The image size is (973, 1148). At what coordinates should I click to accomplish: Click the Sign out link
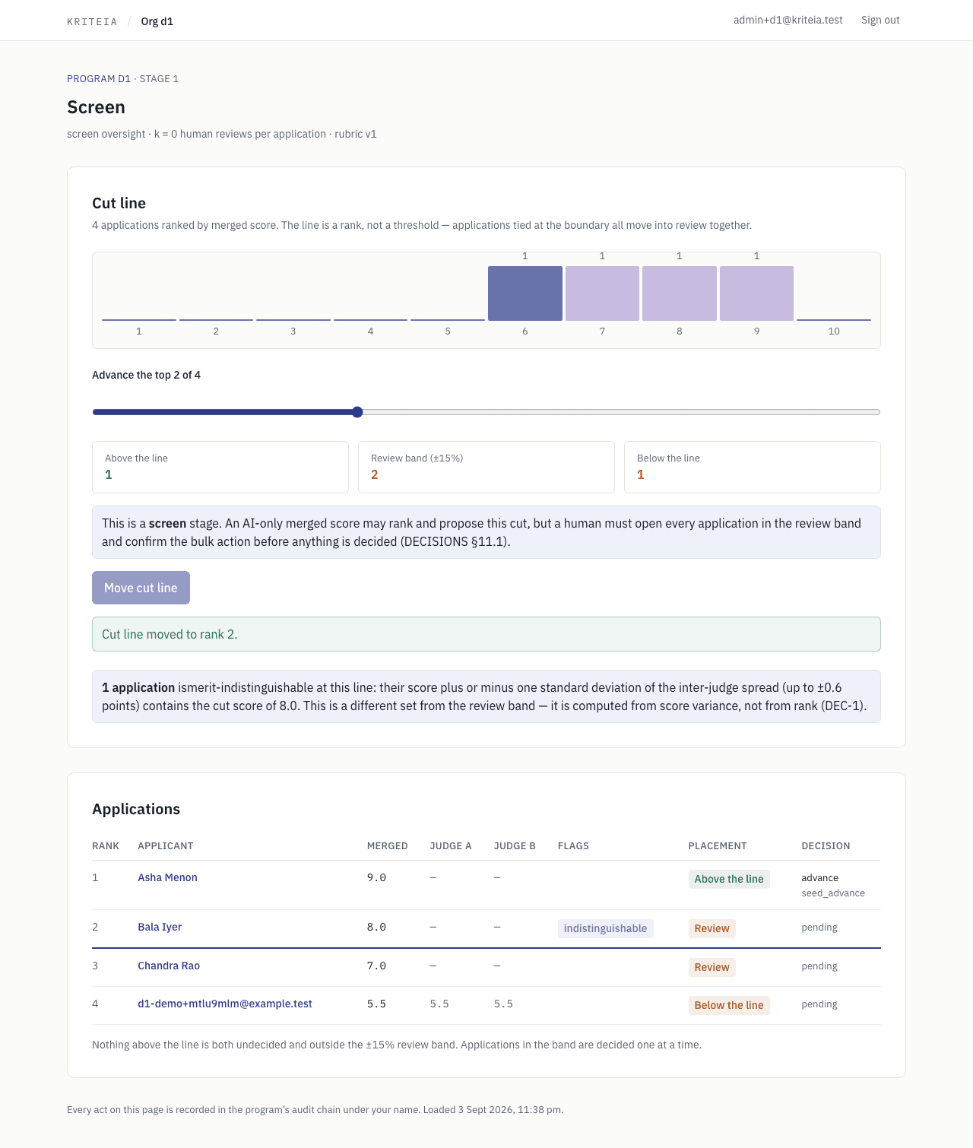coord(880,20)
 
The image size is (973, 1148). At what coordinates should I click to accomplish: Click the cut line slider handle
coord(358,411)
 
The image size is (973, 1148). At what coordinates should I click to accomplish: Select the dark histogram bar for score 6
coord(525,293)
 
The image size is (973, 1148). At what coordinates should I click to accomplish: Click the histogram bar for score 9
coord(756,293)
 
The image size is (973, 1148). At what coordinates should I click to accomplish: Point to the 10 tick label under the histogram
coord(834,331)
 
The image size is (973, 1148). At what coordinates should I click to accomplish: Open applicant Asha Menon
coord(167,877)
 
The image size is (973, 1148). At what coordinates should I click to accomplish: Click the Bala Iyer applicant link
coord(160,927)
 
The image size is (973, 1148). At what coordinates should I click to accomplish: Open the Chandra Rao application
coord(168,966)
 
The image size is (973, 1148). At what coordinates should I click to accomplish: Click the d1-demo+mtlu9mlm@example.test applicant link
coord(224,1004)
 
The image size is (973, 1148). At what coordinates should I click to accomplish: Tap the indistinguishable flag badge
coord(605,928)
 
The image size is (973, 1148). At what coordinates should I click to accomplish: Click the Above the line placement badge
coord(729,879)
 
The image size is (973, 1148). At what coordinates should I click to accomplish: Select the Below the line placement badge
coord(729,1005)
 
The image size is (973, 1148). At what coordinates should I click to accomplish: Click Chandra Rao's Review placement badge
coord(712,968)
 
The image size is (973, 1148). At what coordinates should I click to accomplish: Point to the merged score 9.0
coord(376,877)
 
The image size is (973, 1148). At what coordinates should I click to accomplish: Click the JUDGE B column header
coord(515,846)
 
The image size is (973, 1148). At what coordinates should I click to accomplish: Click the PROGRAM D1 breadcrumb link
coord(98,79)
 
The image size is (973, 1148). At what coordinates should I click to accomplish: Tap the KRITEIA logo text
coord(92,21)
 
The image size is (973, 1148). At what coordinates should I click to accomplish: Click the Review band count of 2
coord(374,475)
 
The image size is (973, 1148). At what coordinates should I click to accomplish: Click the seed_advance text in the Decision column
coord(832,893)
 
